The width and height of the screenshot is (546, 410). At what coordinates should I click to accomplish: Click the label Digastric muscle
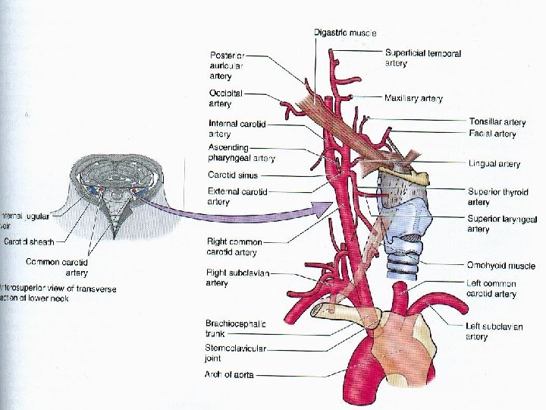(345, 33)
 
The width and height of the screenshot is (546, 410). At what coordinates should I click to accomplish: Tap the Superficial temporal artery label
(422, 58)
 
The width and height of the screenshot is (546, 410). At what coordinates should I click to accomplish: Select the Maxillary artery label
(413, 98)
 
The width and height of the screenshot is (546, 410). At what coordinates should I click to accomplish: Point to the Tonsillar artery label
(497, 122)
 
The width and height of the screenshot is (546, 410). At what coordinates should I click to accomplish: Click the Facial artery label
(492, 134)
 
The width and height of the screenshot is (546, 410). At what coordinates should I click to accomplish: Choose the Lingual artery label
(494, 163)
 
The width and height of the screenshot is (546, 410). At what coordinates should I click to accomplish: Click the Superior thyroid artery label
(497, 197)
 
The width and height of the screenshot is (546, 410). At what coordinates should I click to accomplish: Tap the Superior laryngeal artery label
(502, 224)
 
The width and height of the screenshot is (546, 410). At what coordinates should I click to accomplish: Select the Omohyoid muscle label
(500, 266)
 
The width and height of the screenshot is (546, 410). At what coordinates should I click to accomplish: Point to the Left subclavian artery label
(494, 331)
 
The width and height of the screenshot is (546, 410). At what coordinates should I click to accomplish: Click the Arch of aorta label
(229, 374)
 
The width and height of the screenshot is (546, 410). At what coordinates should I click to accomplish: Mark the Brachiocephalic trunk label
(236, 328)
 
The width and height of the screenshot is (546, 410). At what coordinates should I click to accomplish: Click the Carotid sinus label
(233, 175)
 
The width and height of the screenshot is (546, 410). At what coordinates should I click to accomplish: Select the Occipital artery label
(225, 98)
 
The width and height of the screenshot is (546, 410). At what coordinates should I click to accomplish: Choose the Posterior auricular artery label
(226, 65)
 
